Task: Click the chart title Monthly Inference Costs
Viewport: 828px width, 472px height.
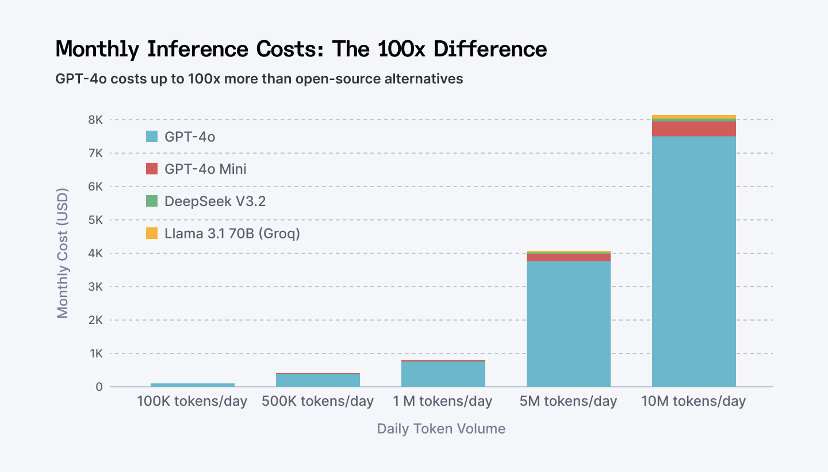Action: (x=301, y=50)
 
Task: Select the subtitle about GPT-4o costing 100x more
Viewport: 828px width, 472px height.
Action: (x=259, y=79)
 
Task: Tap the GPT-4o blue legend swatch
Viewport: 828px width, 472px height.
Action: (x=152, y=136)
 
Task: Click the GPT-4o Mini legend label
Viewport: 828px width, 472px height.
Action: (x=205, y=169)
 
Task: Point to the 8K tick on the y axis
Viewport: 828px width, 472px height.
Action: (x=95, y=120)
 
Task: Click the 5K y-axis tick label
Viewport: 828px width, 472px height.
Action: (x=95, y=220)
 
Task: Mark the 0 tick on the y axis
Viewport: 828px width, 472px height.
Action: (x=99, y=387)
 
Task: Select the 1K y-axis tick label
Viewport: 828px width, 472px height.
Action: (x=95, y=353)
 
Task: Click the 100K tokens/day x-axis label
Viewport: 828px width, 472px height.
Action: (x=192, y=401)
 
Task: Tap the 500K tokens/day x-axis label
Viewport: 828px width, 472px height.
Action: (x=317, y=401)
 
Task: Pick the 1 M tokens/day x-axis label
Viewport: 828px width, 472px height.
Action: (x=443, y=401)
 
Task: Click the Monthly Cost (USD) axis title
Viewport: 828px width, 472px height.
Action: (x=63, y=253)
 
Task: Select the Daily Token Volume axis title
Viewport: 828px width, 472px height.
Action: (x=441, y=429)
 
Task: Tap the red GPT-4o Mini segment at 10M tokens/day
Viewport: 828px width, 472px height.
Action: (x=694, y=129)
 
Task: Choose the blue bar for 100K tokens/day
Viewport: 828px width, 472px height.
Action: (x=192, y=385)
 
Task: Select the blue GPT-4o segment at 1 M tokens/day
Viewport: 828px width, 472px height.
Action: (x=443, y=374)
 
